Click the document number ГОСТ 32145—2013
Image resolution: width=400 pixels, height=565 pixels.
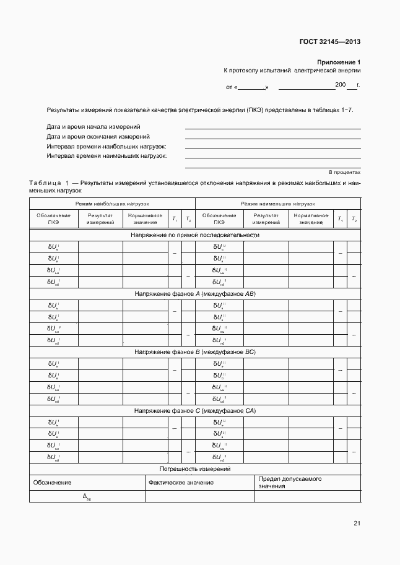[x=329, y=42]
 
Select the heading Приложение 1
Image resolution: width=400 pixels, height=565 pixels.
[x=339, y=63]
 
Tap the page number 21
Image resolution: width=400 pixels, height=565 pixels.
[x=357, y=524]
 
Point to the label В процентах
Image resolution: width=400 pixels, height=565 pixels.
[x=344, y=171]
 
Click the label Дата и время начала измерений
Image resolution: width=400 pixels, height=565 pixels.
[x=93, y=126]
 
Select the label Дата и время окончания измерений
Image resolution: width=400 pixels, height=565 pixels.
[x=98, y=136]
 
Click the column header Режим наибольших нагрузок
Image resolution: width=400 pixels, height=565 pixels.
[x=112, y=203]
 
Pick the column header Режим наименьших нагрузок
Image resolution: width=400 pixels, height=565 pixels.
[x=278, y=203]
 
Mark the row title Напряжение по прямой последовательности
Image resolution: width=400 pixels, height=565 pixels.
[x=194, y=235]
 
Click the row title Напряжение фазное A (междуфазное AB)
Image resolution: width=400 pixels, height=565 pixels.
[x=194, y=294]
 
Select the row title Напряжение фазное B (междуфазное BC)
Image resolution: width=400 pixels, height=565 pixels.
[x=194, y=352]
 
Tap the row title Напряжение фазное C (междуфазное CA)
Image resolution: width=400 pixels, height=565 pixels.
[x=194, y=411]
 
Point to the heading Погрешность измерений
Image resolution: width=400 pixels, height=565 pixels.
[x=194, y=469]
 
